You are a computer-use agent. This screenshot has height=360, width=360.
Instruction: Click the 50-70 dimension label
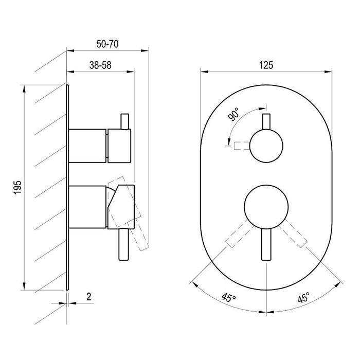click(107, 44)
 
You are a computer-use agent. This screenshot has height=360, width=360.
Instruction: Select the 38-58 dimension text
click(100, 65)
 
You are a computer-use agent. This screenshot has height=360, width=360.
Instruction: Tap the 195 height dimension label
click(17, 187)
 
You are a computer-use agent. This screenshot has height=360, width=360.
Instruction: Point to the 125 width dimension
click(266, 65)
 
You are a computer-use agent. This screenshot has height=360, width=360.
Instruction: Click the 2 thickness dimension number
click(89, 297)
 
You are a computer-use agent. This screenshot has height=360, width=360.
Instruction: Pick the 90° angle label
click(233, 114)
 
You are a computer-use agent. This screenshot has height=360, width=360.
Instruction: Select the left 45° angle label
click(229, 298)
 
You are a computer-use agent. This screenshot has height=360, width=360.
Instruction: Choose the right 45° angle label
click(303, 298)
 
